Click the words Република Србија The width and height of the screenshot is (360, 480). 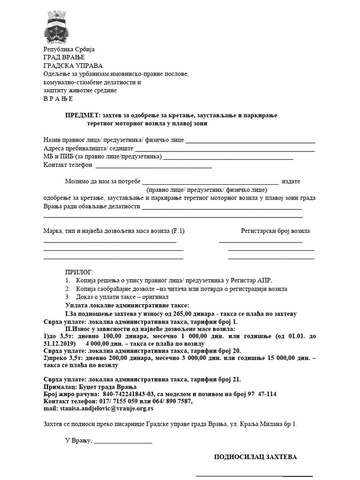click(x=69, y=49)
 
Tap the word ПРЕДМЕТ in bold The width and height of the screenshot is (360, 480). click(x=82, y=115)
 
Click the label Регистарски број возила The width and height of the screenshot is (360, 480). click(x=275, y=231)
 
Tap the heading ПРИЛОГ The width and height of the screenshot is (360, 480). click(x=79, y=272)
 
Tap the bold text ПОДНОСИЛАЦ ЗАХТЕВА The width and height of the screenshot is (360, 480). click(x=255, y=457)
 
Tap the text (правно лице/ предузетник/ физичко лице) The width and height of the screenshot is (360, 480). click(x=207, y=190)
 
